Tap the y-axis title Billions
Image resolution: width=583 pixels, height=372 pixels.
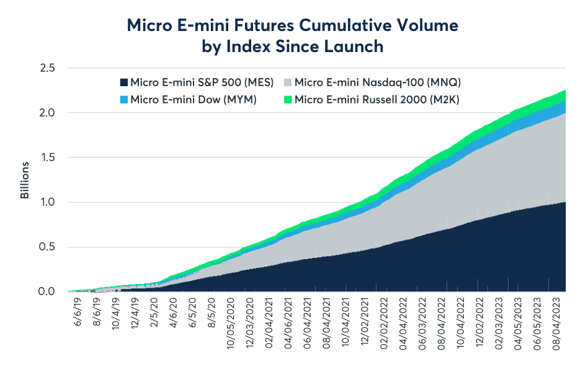click(x=25, y=180)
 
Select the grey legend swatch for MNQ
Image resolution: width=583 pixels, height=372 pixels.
click(x=288, y=82)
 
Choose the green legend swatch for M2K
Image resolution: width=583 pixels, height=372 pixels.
click(x=288, y=99)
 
